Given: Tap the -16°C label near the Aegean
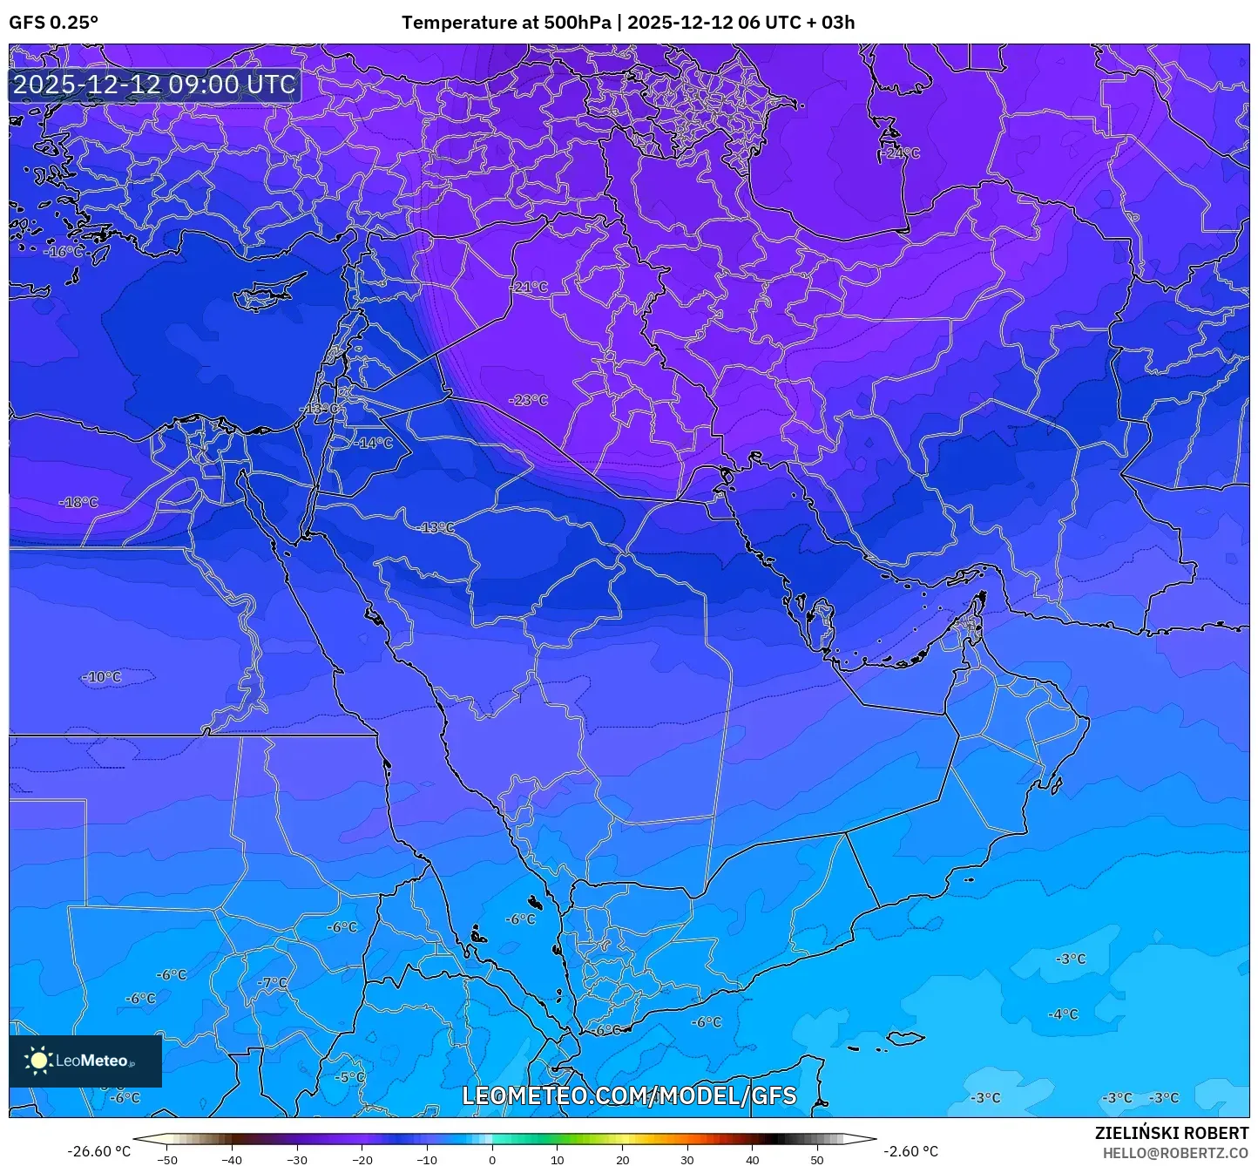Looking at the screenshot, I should (x=65, y=252).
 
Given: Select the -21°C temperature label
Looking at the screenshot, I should (x=529, y=287).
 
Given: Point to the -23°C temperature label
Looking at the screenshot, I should (x=529, y=400).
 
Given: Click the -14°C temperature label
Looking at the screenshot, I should (x=374, y=443).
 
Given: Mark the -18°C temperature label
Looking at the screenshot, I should (x=79, y=502).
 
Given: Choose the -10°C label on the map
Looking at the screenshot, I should (x=103, y=677).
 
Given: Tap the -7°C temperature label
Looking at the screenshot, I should (x=272, y=982).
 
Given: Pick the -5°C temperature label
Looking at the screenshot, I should (x=350, y=1077).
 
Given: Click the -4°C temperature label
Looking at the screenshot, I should (x=1063, y=1014).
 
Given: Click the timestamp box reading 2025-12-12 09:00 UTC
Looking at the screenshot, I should (x=154, y=85).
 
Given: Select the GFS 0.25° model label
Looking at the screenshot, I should (x=53, y=23).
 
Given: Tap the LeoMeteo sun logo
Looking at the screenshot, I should (x=38, y=1061).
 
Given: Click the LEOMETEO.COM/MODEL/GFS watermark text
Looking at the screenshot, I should (x=629, y=1095).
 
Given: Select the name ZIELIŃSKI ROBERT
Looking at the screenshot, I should (x=1171, y=1133).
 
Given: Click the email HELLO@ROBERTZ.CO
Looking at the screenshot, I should (x=1175, y=1152).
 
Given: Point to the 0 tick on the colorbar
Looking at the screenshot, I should (x=492, y=1160).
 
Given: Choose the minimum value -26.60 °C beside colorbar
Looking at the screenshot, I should (x=98, y=1151).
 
